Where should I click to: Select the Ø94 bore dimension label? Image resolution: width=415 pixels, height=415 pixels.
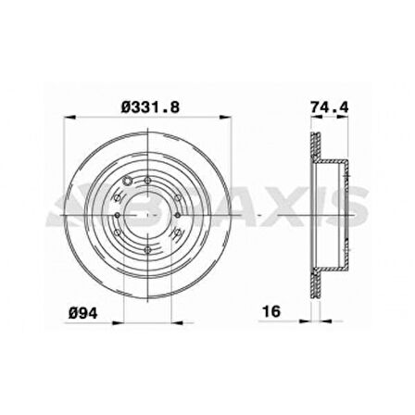83,312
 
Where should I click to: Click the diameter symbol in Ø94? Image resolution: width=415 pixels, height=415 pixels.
73,312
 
